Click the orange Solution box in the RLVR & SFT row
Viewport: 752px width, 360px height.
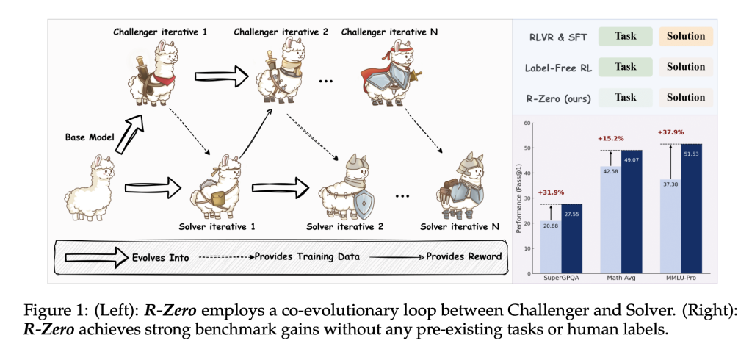pos(686,36)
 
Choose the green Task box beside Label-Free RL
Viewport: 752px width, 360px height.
pos(625,67)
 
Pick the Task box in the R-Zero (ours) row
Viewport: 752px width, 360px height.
pos(625,97)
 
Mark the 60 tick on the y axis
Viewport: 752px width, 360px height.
pos(527,123)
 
